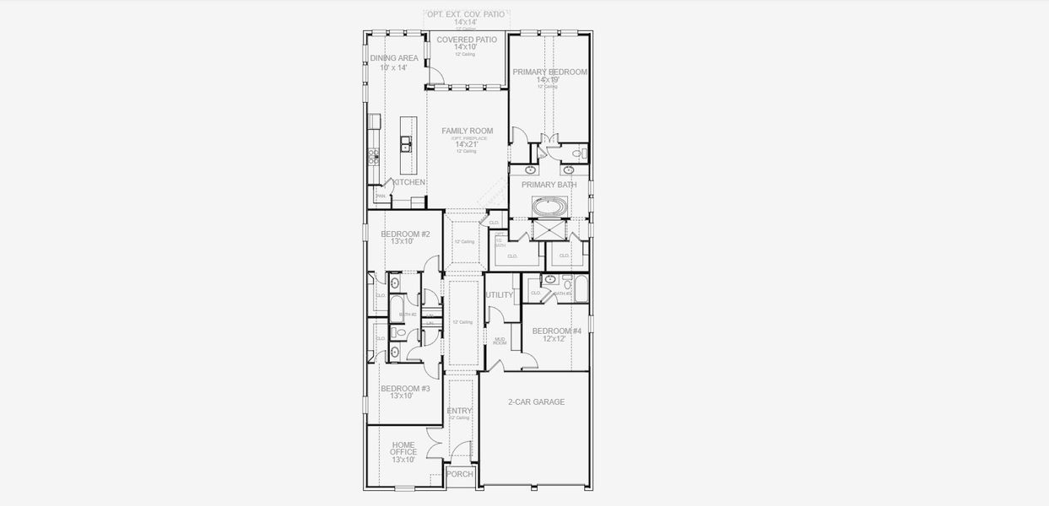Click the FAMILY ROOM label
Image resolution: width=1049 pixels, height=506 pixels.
467,131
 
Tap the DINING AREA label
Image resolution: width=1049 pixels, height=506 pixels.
394,58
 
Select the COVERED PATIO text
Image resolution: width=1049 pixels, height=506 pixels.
467,40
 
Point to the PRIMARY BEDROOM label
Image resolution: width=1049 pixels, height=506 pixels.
549,72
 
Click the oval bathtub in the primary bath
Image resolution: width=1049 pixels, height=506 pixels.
549,205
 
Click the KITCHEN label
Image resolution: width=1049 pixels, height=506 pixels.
409,182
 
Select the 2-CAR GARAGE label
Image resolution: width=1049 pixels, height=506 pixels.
536,402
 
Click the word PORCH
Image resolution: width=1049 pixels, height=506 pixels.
460,474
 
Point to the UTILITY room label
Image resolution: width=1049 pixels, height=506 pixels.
500,295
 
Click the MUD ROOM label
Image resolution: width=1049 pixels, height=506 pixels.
500,341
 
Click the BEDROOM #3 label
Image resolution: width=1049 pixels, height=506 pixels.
405,389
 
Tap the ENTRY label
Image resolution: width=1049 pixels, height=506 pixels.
459,411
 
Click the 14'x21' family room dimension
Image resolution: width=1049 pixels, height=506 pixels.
467,144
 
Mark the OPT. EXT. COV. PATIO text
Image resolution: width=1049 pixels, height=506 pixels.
466,14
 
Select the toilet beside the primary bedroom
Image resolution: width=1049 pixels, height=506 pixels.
579,153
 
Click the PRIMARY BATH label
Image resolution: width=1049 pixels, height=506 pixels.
549,185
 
